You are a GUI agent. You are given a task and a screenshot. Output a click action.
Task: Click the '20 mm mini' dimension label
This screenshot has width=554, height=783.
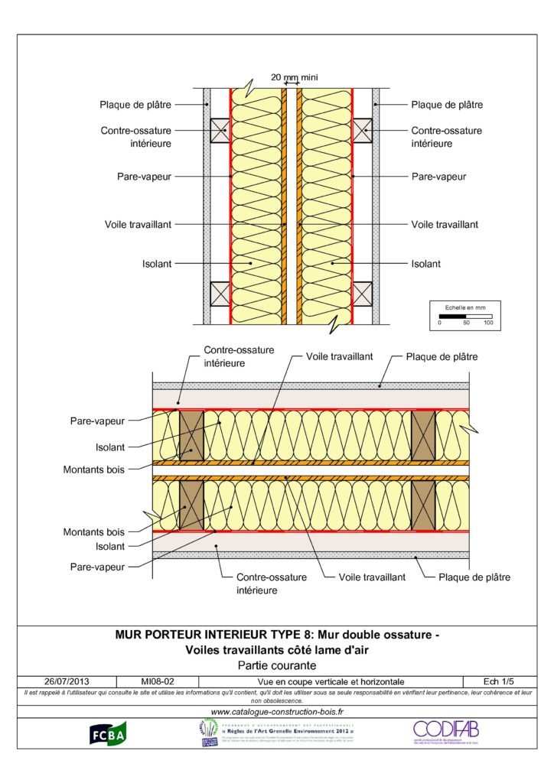coord(294,77)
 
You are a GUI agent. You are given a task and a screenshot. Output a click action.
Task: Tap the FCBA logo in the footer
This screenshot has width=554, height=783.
coord(108,736)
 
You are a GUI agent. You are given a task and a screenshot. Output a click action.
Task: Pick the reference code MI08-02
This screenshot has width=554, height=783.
coord(157,681)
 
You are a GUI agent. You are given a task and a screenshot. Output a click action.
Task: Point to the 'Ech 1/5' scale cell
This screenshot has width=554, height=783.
coord(499,681)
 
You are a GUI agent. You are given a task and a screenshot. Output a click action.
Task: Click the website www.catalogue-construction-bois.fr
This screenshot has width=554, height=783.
coord(277,713)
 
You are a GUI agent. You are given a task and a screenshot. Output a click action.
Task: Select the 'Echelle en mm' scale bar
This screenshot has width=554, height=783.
coord(464,315)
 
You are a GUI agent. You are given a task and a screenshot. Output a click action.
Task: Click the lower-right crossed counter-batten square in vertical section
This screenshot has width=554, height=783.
coord(362,293)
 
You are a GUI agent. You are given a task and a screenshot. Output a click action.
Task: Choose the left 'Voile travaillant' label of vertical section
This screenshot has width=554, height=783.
coord(138,224)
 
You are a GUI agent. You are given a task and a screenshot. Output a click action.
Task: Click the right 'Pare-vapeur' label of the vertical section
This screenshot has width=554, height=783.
coord(438,176)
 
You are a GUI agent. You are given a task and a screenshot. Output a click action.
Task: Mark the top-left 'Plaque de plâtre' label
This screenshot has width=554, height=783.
coord(135,105)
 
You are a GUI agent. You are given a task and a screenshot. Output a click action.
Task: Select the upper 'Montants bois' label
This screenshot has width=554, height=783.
coord(93,469)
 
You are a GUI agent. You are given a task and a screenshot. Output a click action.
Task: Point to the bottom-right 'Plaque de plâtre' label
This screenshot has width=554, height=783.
coord(474,577)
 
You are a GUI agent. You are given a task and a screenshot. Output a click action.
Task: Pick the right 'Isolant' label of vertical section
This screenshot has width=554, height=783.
coord(426,264)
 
